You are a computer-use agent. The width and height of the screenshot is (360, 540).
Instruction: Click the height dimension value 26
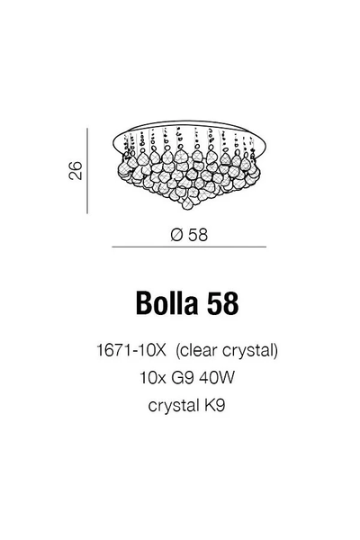(76, 170)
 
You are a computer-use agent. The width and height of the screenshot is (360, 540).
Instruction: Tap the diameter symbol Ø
(176, 235)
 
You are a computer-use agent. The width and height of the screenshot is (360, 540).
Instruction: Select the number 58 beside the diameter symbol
(198, 235)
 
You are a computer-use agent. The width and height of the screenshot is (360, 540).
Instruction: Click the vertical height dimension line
(87, 171)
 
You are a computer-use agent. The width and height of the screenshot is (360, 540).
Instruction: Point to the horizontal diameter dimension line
(189, 247)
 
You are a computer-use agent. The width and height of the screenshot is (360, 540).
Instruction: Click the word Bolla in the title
(166, 303)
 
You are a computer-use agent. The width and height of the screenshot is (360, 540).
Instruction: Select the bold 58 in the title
(222, 303)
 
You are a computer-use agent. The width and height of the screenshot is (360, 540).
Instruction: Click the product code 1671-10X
(131, 351)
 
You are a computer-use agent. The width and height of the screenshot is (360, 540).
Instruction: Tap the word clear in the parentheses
(199, 351)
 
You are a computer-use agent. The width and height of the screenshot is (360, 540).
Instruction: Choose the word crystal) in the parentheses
(250, 351)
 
